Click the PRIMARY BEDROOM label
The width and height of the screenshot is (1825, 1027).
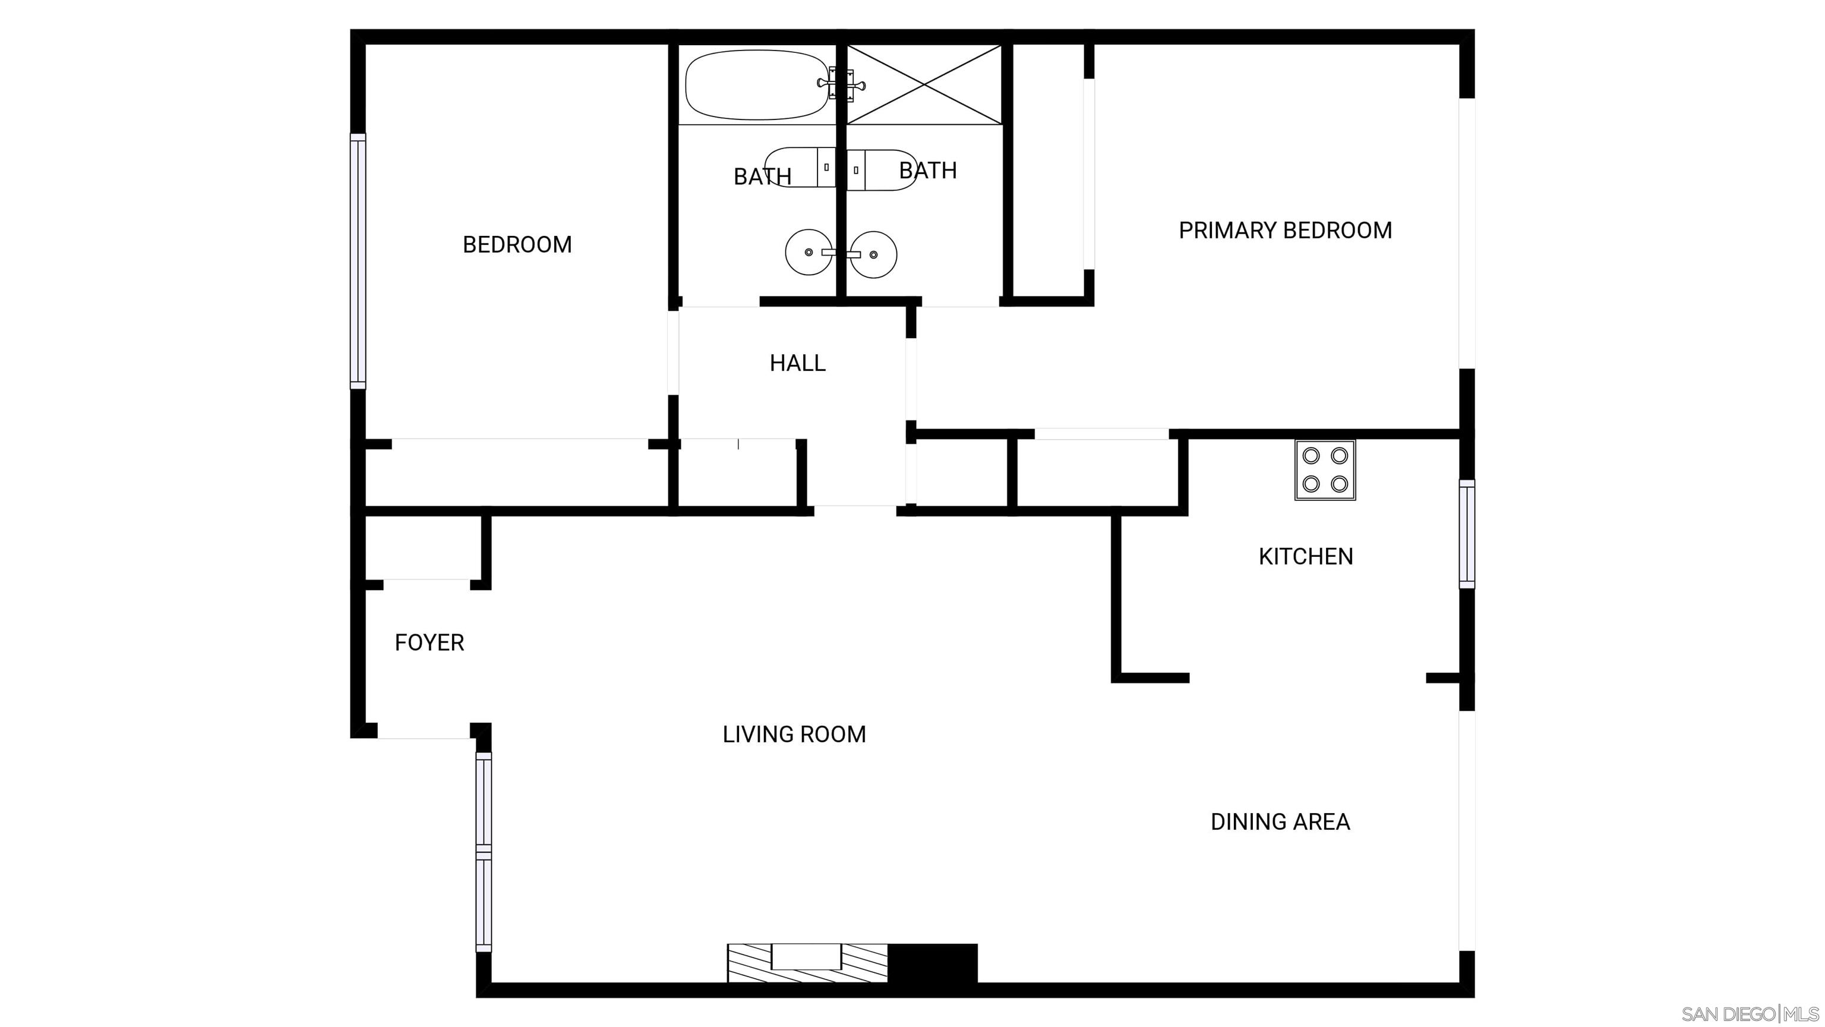tap(1284, 231)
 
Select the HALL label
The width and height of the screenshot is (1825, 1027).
tap(797, 363)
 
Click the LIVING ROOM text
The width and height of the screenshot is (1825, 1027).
tap(794, 734)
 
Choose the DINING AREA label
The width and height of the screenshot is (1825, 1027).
tap(1280, 821)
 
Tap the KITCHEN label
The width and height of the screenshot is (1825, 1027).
tap(1305, 556)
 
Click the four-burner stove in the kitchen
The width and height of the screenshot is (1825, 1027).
tap(1324, 470)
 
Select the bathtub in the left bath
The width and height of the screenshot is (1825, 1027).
tap(755, 84)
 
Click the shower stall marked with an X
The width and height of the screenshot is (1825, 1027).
tap(924, 84)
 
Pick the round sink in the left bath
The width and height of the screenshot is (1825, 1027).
tap(809, 253)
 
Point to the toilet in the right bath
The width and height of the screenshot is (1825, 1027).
tap(882, 170)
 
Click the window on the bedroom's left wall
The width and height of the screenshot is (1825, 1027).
tap(358, 261)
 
